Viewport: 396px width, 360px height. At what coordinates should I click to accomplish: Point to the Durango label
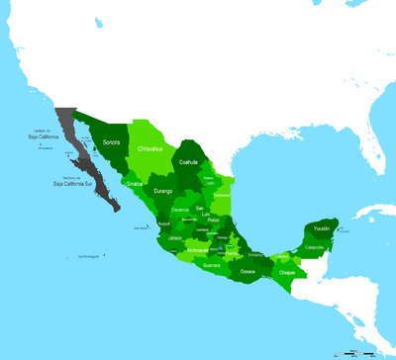click(163, 190)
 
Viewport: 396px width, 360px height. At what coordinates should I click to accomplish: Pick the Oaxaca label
click(247, 270)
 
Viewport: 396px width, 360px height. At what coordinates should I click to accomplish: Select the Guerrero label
click(212, 265)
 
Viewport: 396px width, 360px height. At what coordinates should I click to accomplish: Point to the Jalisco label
click(175, 238)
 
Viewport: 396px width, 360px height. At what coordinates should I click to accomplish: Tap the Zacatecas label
click(180, 210)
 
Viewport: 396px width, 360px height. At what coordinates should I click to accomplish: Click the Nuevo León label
click(209, 180)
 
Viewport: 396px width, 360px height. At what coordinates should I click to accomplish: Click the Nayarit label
click(164, 225)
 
